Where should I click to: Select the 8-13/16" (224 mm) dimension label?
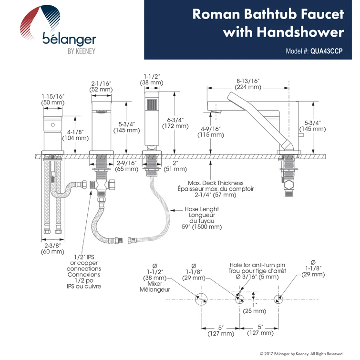[x=248, y=83]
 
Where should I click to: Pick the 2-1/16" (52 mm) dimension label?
[x=102, y=86]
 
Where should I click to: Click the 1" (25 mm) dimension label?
[x=254, y=308]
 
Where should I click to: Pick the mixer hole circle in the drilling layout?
[x=201, y=298]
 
